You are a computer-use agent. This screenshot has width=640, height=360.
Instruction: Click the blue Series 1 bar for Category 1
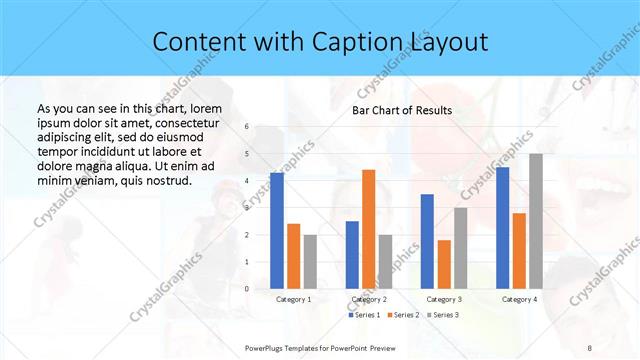pos(277,231)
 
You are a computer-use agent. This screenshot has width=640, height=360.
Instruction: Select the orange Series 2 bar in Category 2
pos(369,229)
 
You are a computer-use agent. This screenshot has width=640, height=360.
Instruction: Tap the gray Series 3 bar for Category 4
pos(536,221)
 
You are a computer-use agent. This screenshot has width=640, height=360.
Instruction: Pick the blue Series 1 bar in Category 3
pos(427,241)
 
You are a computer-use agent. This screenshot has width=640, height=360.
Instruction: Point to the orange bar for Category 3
pos(444,264)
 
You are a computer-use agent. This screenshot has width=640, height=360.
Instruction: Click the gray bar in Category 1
pos(310,262)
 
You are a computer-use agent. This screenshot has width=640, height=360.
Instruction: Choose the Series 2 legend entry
pos(403,315)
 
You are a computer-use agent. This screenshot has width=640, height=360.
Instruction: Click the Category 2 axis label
pos(369,299)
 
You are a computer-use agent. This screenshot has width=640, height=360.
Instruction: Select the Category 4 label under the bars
pos(519,299)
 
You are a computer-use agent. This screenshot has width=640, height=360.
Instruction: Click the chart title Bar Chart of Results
pos(402,110)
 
